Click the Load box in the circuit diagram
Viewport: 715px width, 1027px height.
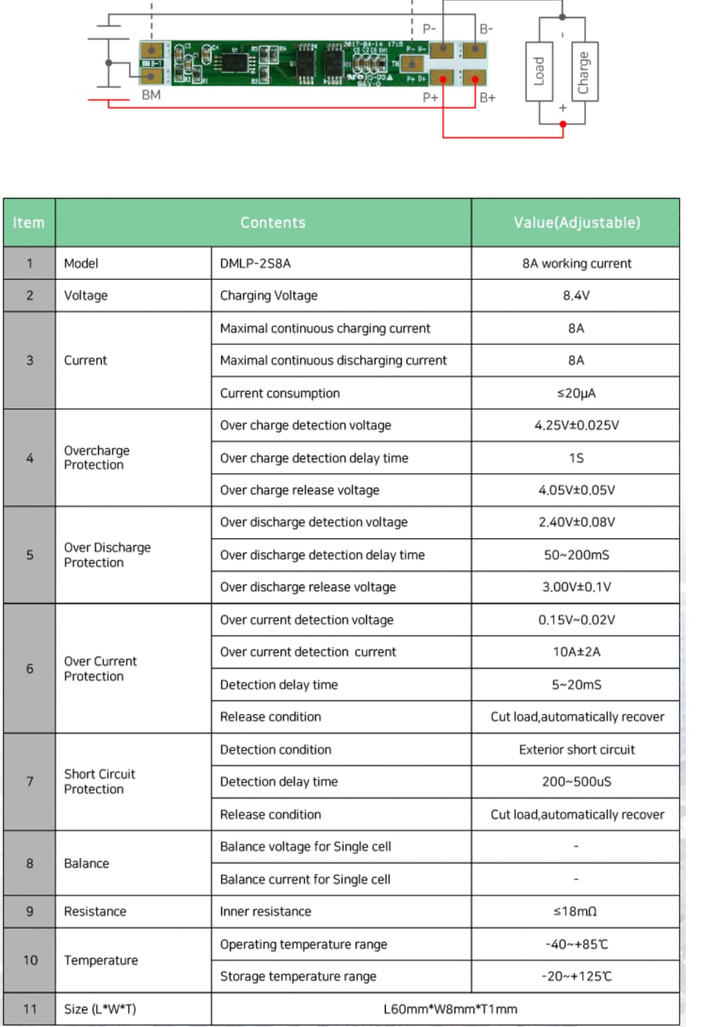539,72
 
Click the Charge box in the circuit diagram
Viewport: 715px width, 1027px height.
583,72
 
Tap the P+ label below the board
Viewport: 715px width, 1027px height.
430,98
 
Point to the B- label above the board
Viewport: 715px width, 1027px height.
486,29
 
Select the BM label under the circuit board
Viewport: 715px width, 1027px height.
151,95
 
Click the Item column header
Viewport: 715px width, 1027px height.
29,223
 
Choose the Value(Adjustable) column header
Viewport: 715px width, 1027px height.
576,223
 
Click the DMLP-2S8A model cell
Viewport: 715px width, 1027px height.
256,263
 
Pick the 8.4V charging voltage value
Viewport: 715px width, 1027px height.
576,295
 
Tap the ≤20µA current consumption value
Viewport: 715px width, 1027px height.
576,393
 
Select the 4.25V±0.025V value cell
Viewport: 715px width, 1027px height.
576,425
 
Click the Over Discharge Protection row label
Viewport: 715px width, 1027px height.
107,555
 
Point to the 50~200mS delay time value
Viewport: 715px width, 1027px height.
576,555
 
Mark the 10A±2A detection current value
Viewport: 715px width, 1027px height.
576,652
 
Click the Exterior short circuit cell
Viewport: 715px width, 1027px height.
576,750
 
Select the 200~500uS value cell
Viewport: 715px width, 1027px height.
576,782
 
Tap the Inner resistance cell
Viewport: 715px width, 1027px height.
266,911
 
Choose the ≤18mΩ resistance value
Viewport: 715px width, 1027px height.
575,911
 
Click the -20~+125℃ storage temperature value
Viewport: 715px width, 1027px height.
576,976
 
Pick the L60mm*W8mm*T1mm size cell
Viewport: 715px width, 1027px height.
450,1009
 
